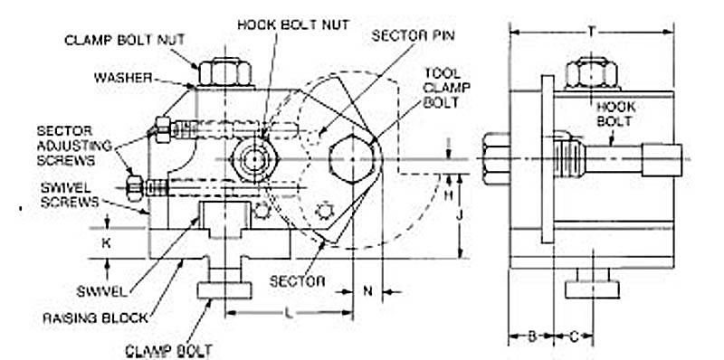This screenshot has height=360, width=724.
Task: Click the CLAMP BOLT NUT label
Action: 125,40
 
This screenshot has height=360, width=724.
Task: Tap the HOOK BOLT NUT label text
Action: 293,24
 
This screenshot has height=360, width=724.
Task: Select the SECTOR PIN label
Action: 414,35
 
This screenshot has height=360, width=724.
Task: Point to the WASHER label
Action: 123,78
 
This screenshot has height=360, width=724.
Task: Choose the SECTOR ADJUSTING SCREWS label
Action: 75,146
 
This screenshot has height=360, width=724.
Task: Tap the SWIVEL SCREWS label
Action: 70,194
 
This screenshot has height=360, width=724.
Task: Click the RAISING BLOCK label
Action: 96,318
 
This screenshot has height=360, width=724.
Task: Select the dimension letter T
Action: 592,32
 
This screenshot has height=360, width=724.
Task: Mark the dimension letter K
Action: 106,242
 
